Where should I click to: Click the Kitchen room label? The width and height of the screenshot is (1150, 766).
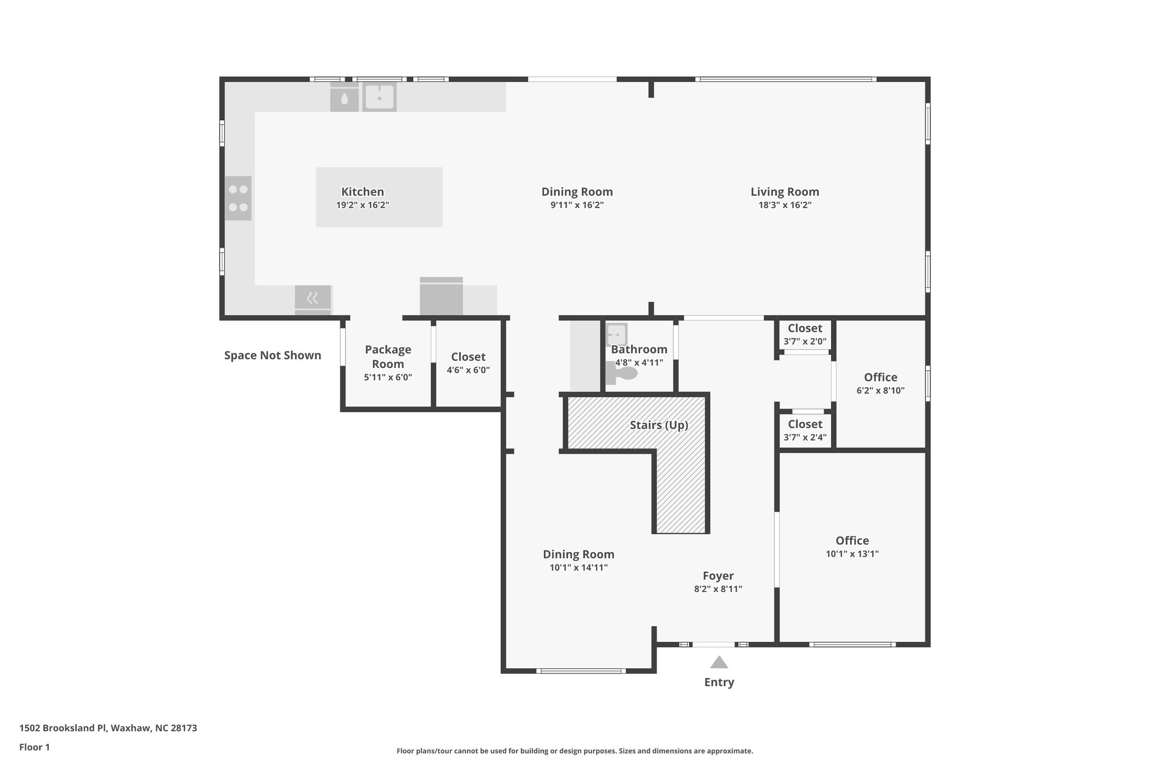[363, 192]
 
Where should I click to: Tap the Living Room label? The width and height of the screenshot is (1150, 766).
[784, 192]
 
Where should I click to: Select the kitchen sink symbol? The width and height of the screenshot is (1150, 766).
[380, 97]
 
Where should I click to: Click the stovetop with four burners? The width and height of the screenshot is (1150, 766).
[238, 198]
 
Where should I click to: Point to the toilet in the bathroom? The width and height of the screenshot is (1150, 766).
[622, 373]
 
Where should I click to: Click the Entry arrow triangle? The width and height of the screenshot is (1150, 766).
[719, 662]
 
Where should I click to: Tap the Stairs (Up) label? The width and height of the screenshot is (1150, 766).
[659, 425]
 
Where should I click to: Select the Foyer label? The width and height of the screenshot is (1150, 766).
[718, 576]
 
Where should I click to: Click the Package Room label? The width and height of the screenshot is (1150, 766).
[388, 356]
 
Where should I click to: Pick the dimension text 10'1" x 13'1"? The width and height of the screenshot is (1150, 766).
[852, 554]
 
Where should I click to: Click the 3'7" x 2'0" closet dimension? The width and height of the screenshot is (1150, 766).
[805, 341]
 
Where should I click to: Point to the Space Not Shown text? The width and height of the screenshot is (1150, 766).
[272, 355]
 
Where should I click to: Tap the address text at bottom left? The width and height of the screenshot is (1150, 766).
[108, 728]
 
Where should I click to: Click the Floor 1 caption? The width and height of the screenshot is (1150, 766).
[34, 747]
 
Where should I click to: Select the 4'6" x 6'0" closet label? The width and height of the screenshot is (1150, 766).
[468, 370]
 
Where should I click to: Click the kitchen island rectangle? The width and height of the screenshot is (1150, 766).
[379, 197]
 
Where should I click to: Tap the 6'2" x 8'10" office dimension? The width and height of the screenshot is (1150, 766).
[880, 391]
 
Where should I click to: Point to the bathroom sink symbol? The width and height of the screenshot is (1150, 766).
[617, 334]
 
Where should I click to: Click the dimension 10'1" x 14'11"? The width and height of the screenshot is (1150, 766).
[578, 567]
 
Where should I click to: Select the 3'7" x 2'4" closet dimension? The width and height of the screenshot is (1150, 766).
[805, 437]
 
